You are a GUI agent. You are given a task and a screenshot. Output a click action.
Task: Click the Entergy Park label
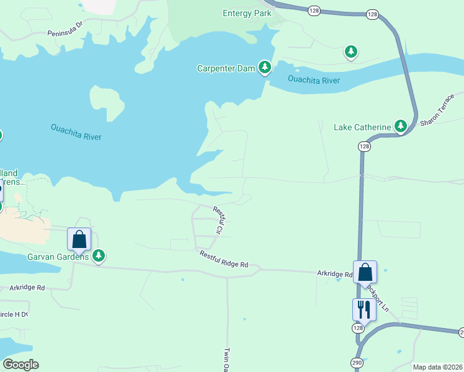(x=247, y=14)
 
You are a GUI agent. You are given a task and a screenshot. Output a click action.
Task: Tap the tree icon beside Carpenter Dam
(x=265, y=67)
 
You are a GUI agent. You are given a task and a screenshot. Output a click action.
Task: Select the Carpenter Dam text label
(x=226, y=68)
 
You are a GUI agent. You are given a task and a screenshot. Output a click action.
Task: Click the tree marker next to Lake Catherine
(x=401, y=127)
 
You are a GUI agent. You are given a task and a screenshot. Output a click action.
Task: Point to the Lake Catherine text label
(x=362, y=128)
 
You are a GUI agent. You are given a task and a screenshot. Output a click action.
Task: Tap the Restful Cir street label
(x=220, y=219)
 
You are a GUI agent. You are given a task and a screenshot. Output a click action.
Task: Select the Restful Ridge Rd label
(x=223, y=259)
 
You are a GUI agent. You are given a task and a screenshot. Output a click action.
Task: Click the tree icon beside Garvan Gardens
(x=98, y=255)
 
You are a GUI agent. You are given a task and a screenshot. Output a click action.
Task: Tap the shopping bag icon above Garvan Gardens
(x=79, y=239)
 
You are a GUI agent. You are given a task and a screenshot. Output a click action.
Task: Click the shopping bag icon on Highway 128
(x=365, y=272)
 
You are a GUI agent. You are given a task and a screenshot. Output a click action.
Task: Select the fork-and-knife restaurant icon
(x=364, y=309)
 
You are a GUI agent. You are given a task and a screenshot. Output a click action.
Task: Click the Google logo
(x=20, y=364)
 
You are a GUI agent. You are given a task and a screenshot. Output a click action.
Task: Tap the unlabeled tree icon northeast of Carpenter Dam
(x=351, y=51)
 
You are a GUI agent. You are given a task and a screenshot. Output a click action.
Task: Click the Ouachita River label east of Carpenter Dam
(x=314, y=79)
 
